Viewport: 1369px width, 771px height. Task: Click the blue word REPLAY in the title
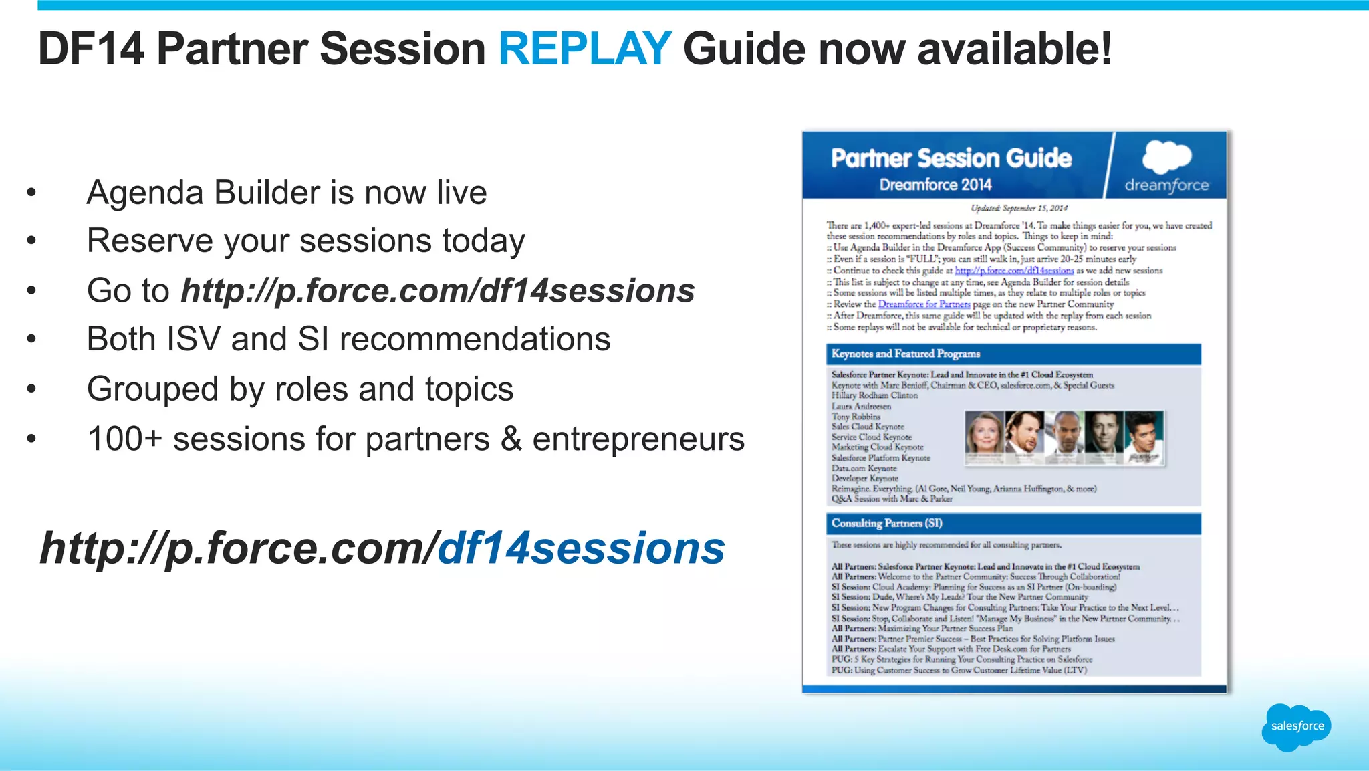[x=584, y=49]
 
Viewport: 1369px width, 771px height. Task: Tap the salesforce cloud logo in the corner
[x=1296, y=726]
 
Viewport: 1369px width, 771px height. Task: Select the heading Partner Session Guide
[x=951, y=158]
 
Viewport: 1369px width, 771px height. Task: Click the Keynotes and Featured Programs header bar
[x=1013, y=354]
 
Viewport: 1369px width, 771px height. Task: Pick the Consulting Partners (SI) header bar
[x=1013, y=523]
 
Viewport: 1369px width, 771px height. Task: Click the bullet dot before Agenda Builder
[x=31, y=193]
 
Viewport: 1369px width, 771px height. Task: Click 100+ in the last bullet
[x=124, y=439]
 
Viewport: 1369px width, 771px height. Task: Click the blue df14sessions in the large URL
[x=581, y=548]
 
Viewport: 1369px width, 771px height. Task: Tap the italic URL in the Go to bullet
[x=438, y=291]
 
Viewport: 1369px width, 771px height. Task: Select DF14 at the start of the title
[x=91, y=49]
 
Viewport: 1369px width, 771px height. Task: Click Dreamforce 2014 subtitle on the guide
[x=935, y=185]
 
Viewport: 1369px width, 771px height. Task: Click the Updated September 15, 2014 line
[x=1019, y=208]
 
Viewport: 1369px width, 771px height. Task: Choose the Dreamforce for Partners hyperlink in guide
[x=924, y=304]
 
